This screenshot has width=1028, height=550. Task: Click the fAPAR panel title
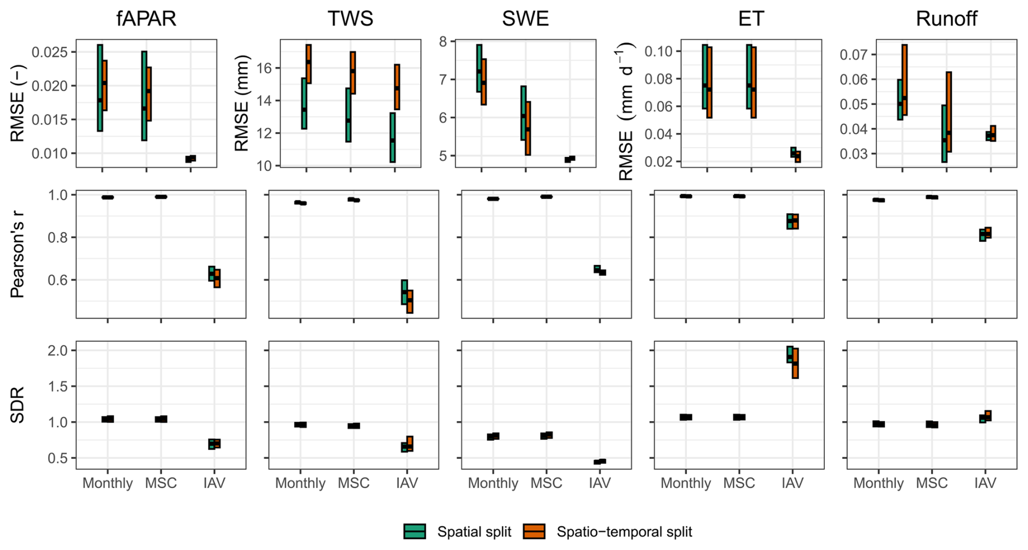pos(146,19)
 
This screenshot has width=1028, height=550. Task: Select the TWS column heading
pos(350,19)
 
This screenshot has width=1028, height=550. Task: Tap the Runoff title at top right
pos(946,19)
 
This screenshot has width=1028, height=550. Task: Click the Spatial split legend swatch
pos(415,532)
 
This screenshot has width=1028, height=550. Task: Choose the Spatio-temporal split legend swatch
pos(534,532)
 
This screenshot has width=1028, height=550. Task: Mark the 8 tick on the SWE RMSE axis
pos(443,42)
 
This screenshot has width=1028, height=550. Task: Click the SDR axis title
pos(18,405)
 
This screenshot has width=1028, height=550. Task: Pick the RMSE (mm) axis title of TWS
pos(241,103)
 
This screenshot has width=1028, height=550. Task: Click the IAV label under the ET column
pos(792,483)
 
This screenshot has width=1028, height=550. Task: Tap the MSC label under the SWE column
pos(546,483)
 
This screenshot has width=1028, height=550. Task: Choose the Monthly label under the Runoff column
pos(878,483)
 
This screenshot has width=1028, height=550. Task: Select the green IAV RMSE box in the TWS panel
pos(392,137)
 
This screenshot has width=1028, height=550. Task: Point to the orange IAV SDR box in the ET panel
pos(795,363)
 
